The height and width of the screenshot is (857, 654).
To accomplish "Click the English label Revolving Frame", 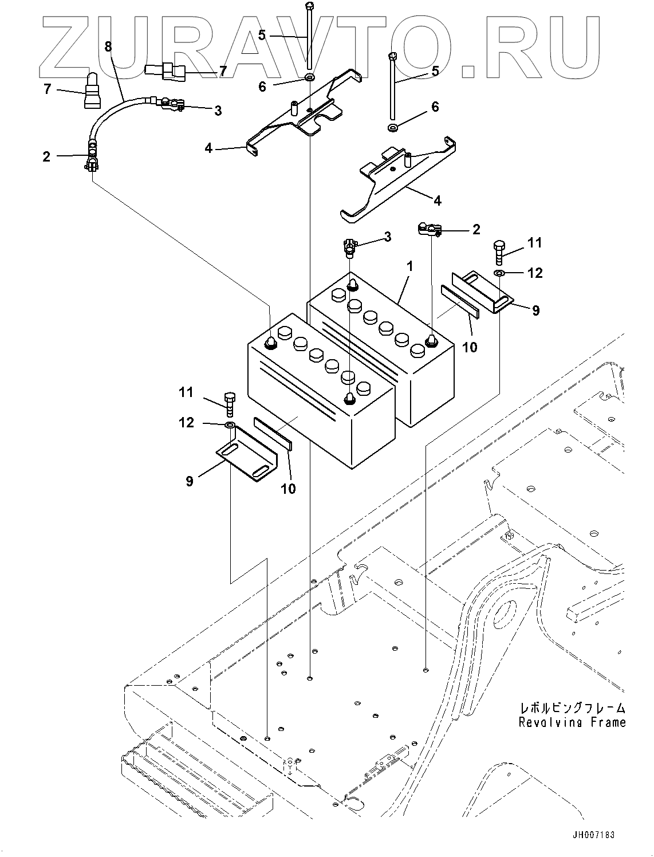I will (x=572, y=722).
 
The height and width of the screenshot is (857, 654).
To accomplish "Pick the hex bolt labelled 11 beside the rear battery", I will (x=498, y=252).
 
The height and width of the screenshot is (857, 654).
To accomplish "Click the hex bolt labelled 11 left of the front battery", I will (x=230, y=404).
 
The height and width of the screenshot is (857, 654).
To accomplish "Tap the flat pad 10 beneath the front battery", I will (x=273, y=432).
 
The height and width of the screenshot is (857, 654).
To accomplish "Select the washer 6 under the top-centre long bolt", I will (x=309, y=77).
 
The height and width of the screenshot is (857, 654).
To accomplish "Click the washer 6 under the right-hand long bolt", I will (x=393, y=127).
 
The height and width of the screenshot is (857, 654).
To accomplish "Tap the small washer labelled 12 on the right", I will (x=499, y=273).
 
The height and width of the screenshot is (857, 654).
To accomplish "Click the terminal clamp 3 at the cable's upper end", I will (x=171, y=104).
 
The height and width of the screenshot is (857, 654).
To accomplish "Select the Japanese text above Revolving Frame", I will (x=572, y=707).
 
